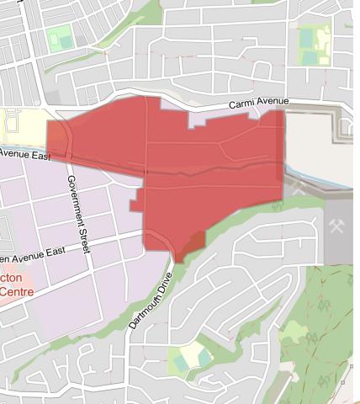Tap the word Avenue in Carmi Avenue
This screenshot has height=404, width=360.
click(273, 102)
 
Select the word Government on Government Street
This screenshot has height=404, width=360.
click(76, 197)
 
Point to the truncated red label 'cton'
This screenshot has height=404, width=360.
click(13, 279)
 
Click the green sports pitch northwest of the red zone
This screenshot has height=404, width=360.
click(59, 40)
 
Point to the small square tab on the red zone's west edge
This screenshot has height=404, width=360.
click(135, 205)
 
